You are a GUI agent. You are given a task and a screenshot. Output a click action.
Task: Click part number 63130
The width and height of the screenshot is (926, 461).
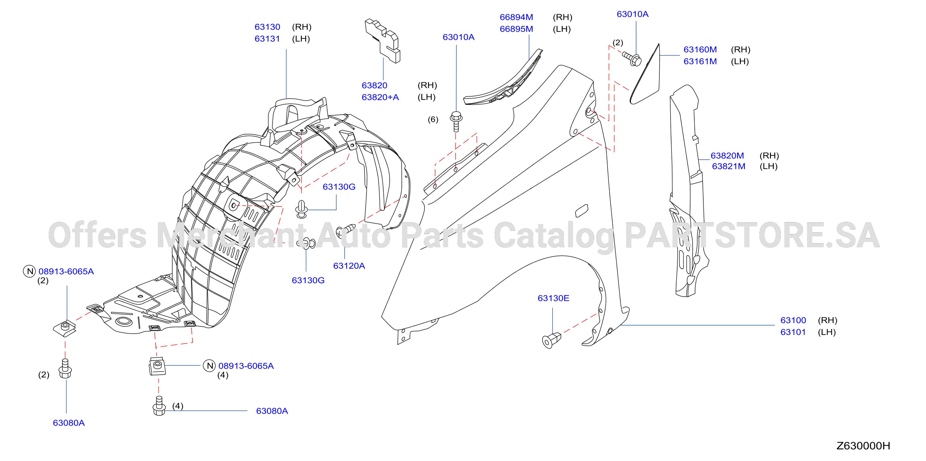tap(267, 27)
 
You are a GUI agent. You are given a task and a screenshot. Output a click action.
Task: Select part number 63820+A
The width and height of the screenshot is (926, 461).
tap(380, 97)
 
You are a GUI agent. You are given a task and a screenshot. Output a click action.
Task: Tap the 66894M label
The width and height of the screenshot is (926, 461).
tap(516, 17)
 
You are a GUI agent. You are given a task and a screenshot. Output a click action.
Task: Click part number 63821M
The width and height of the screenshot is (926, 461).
tap(728, 167)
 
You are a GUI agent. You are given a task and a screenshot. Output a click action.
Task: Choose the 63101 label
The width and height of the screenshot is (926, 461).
tap(793, 332)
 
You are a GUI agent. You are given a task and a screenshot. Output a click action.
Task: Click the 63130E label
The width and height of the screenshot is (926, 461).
tap(553, 298)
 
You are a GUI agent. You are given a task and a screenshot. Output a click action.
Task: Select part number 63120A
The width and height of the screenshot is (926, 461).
tap(349, 266)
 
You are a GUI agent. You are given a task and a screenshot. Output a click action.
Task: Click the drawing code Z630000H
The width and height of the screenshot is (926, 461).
tap(863, 446)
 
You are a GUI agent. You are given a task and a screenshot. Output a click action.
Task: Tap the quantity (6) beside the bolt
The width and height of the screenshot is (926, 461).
tap(433, 119)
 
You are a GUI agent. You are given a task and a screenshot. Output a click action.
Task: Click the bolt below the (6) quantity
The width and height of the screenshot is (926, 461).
tap(456, 121)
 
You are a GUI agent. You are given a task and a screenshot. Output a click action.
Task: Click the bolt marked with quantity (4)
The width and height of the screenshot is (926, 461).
tap(159, 406)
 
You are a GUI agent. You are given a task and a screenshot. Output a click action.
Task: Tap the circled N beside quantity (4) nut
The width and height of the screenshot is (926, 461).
tap(209, 366)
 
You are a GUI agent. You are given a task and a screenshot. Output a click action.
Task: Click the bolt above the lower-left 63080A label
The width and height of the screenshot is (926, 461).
tap(65, 368)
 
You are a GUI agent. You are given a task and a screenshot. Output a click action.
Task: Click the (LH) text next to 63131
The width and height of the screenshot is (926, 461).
tap(301, 39)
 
